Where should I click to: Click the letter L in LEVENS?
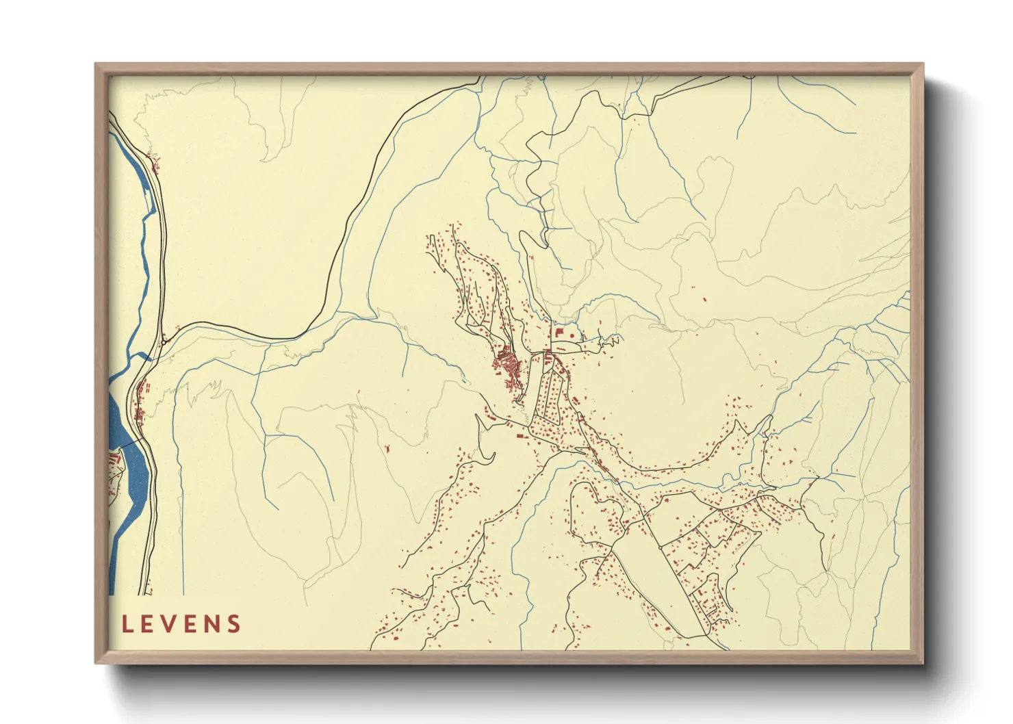[128, 624]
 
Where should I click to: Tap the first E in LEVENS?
[149, 624]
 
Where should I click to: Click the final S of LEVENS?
[235, 624]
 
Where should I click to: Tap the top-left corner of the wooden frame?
[96, 64]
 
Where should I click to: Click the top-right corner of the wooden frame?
[923, 64]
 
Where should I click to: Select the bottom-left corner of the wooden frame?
[96, 662]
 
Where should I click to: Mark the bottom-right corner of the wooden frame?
[923, 662]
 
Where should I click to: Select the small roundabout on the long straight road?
[659, 547]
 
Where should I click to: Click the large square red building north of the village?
[558, 333]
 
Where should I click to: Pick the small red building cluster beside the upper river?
[155, 164]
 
